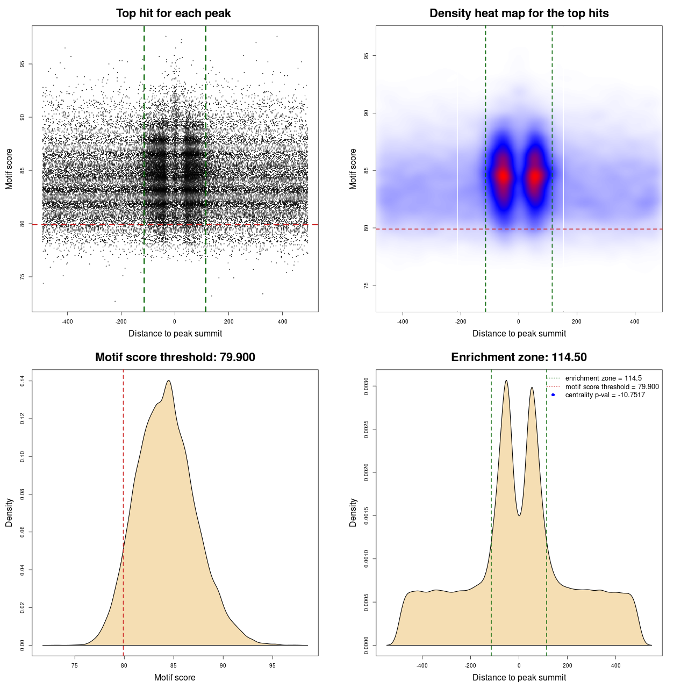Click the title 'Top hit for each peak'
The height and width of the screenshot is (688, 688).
pyautogui.click(x=173, y=13)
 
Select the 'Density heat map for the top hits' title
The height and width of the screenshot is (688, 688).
pyautogui.click(x=519, y=13)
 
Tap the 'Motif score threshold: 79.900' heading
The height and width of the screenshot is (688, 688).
pyautogui.click(x=175, y=357)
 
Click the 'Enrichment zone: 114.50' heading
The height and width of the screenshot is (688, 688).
pyautogui.click(x=519, y=357)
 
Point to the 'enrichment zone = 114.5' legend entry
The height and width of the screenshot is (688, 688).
pyautogui.click(x=603, y=378)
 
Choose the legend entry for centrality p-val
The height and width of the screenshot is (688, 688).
pyautogui.click(x=605, y=395)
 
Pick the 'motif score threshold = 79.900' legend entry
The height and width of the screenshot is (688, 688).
pyautogui.click(x=612, y=387)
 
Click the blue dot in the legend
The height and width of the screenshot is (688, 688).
pyautogui.click(x=553, y=395)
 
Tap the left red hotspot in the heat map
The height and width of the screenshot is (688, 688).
pyautogui.click(x=503, y=176)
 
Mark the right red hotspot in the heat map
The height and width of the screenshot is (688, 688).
pyautogui.click(x=535, y=176)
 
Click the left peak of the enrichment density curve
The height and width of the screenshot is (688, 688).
pyautogui.click(x=506, y=381)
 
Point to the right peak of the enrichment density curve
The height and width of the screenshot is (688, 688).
pyautogui.click(x=532, y=388)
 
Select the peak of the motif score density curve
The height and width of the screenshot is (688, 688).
pyautogui.click(x=169, y=381)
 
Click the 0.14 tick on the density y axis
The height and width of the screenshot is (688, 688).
pyautogui.click(x=22, y=381)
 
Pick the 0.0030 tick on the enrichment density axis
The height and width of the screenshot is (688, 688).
pyautogui.click(x=366, y=386)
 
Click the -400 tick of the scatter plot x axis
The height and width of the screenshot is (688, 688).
pyautogui.click(x=67, y=321)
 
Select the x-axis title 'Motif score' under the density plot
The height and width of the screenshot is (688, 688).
pyautogui.click(x=175, y=677)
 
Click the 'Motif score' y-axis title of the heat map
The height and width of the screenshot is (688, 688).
pyautogui.click(x=353, y=169)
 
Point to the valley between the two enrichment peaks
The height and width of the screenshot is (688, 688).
pyautogui.click(x=519, y=515)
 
